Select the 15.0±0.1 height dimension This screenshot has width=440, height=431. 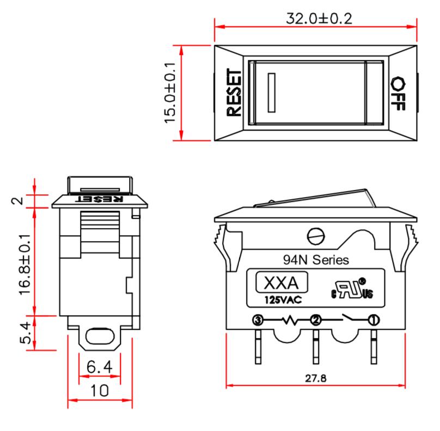coord(170,92)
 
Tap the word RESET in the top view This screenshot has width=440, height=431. coord(233,93)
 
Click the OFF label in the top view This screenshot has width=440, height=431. coord(399,93)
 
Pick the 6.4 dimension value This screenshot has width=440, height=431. coord(100,368)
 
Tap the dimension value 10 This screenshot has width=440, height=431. coord(100,391)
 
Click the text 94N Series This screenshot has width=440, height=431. coord(316,260)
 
